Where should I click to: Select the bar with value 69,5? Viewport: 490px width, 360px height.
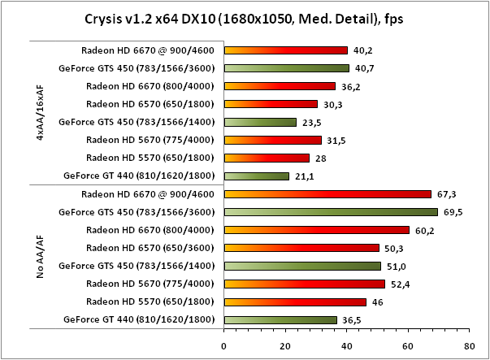331,212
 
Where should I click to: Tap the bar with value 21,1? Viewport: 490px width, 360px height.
256,176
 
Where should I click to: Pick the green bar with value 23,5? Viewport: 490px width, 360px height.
260,122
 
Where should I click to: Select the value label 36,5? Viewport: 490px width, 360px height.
351,319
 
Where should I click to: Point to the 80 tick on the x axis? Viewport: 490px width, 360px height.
468,344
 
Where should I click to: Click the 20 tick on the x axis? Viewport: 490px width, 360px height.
284,344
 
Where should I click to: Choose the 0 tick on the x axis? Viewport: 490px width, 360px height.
223,344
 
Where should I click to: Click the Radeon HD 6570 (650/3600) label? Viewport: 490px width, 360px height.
150,248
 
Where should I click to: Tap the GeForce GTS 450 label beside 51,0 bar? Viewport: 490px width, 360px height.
137,266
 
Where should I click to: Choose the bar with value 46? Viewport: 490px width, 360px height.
295,301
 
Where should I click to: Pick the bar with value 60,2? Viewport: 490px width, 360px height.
316,230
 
